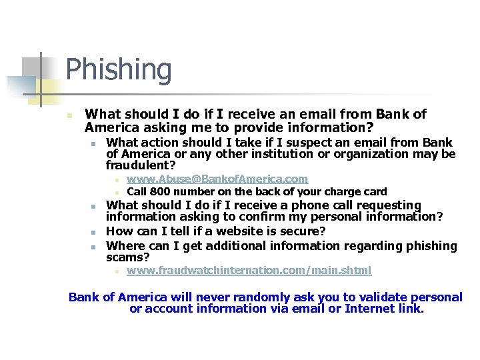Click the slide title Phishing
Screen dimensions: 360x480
(119, 70)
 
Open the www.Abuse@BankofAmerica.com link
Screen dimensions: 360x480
(217, 179)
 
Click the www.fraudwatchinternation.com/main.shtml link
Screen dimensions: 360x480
(249, 271)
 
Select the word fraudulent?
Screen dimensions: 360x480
(141, 165)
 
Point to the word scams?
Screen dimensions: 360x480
(128, 257)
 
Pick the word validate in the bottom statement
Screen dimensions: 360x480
(363, 297)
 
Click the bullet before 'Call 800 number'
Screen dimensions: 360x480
(115, 193)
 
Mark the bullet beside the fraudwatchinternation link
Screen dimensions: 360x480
(115, 271)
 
